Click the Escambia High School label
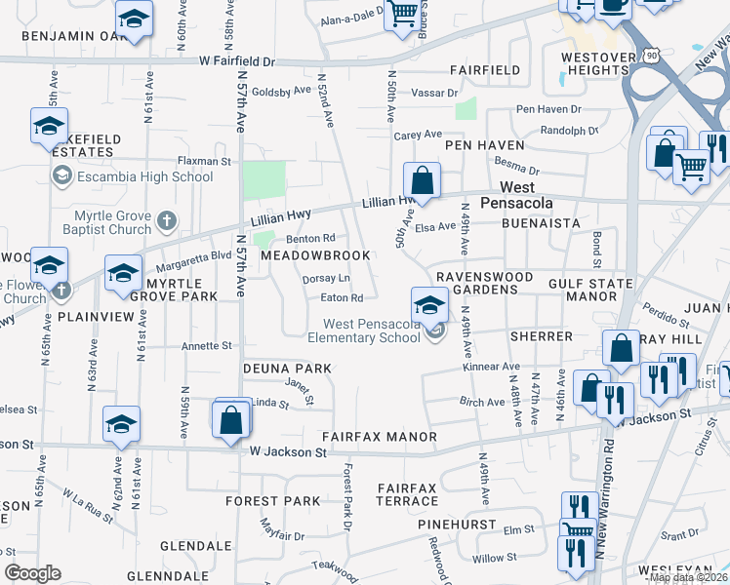point(144,176)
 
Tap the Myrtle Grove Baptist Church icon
point(167,220)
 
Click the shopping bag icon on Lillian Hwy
point(422,180)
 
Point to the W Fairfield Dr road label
point(237,60)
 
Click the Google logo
point(32,573)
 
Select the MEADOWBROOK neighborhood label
point(315,255)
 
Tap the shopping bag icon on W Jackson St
point(231,420)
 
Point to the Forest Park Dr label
point(345,496)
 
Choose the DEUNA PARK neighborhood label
point(287,369)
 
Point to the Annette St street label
point(207,345)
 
